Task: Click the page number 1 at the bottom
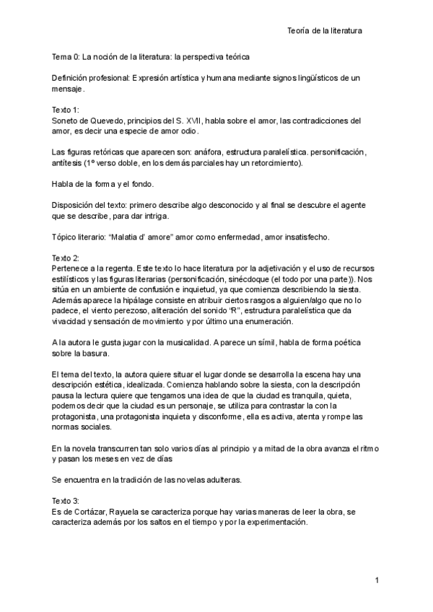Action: pos(377,580)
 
